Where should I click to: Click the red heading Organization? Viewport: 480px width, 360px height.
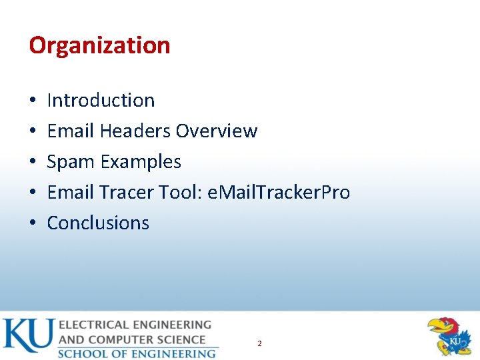(99, 45)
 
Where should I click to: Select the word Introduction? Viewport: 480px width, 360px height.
(101, 100)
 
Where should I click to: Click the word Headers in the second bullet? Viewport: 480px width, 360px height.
(135, 131)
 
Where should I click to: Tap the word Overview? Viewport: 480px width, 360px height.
(216, 131)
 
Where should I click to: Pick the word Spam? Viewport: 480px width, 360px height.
(70, 162)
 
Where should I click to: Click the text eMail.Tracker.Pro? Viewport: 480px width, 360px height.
(279, 193)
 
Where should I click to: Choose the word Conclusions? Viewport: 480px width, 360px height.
(98, 223)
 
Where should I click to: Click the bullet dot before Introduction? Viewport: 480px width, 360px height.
(33, 101)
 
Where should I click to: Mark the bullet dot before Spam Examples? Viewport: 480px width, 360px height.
(33, 162)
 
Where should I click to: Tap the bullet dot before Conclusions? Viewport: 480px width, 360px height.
(33, 223)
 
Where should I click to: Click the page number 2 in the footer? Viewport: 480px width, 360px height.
(259, 343)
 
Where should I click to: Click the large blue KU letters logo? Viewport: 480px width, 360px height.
(27, 336)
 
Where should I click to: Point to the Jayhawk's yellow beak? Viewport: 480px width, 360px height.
(437, 327)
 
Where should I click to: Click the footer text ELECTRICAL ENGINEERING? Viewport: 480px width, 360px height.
(135, 325)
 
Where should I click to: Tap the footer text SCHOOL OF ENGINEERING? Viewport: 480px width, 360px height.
(137, 353)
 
